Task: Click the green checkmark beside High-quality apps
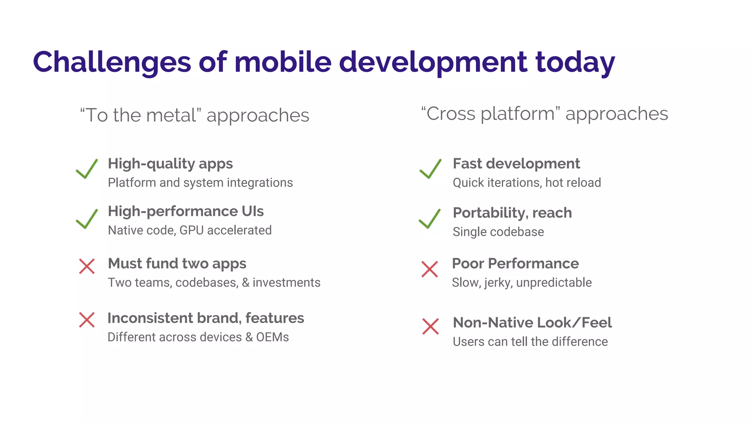click(x=87, y=169)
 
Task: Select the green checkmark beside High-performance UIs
click(x=87, y=219)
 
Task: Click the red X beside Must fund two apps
click(x=87, y=266)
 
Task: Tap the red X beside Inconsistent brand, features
click(x=87, y=320)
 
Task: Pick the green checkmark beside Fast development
click(x=430, y=169)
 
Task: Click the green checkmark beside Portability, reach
click(x=430, y=219)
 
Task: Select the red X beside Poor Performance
click(x=430, y=269)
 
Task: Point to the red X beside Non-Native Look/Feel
click(x=430, y=326)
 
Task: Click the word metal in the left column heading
click(x=171, y=115)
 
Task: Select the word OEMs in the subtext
click(x=272, y=337)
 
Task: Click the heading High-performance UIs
click(x=186, y=211)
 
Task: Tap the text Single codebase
click(x=498, y=232)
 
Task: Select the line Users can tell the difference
click(x=530, y=342)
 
